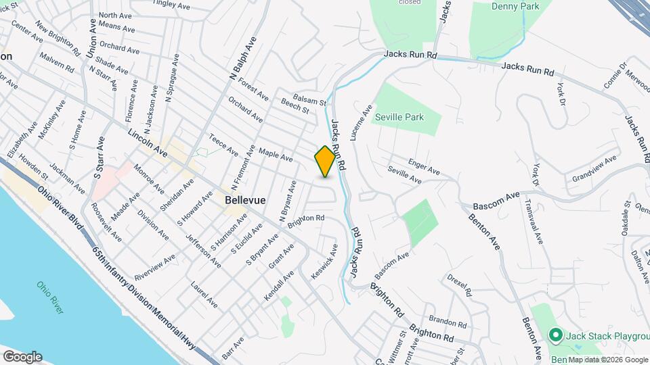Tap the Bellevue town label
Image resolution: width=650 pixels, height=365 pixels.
pos(244,201)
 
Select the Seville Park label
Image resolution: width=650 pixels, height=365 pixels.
pos(399,117)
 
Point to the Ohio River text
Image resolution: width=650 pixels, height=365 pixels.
pos(50,297)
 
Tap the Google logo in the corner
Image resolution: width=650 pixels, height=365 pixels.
pos(22,357)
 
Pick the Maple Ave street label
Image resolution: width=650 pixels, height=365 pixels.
pos(276,154)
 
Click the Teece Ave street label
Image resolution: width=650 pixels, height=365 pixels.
pos(223,144)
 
